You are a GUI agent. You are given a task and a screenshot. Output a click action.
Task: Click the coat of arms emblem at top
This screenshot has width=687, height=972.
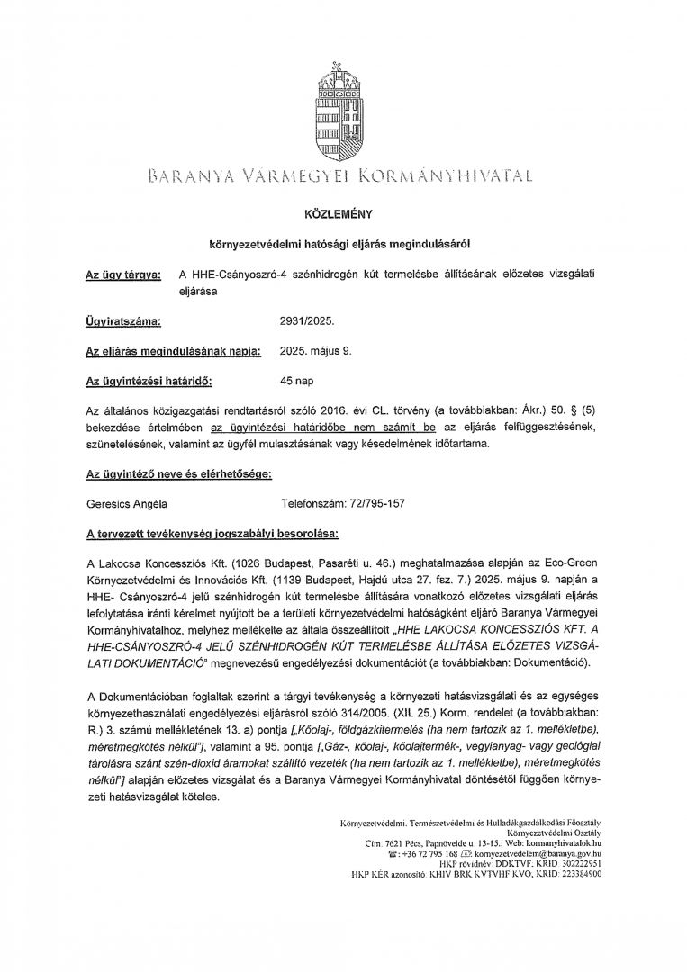(343, 104)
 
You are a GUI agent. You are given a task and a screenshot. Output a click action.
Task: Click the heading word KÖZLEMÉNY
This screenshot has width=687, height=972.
(343, 216)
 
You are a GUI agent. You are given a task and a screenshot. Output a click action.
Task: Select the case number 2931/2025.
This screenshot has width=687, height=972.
(308, 319)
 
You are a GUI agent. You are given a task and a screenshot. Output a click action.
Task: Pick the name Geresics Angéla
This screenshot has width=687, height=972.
(127, 506)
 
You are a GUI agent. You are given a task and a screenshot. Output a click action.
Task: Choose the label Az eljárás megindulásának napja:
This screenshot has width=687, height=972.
(171, 350)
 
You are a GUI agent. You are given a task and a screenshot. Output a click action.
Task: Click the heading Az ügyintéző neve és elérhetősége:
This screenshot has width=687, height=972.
(177, 474)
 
